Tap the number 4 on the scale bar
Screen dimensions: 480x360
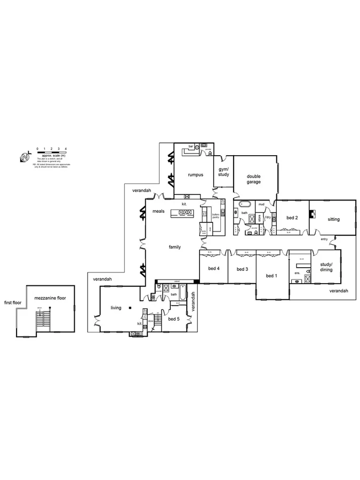click(x=66, y=147)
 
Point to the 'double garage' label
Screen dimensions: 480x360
click(x=253, y=179)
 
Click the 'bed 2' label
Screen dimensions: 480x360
click(x=291, y=218)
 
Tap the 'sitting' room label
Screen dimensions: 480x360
click(x=333, y=219)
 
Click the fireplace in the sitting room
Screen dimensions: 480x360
click(x=314, y=215)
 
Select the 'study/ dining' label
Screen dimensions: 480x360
click(x=326, y=267)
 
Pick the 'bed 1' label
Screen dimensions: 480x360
click(x=271, y=275)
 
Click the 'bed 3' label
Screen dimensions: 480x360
click(x=242, y=269)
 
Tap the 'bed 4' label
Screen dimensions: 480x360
click(x=213, y=268)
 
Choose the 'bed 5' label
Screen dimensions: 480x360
click(x=174, y=319)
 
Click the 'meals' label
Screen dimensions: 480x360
click(x=158, y=211)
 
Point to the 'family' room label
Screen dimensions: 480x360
click(x=174, y=247)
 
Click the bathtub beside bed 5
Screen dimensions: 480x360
click(x=182, y=294)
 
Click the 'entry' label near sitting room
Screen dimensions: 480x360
click(x=324, y=239)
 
